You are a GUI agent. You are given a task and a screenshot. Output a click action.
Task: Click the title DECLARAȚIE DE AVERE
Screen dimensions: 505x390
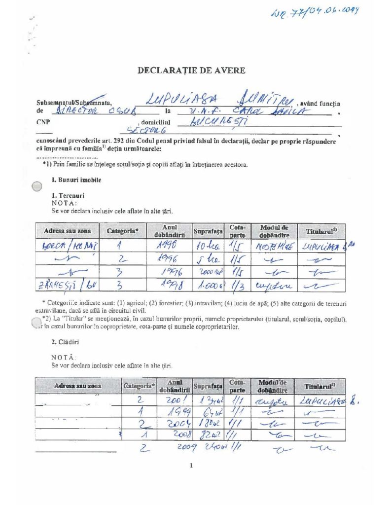point(191,71)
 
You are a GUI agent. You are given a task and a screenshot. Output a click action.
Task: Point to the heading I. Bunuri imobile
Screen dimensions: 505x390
point(76,180)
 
